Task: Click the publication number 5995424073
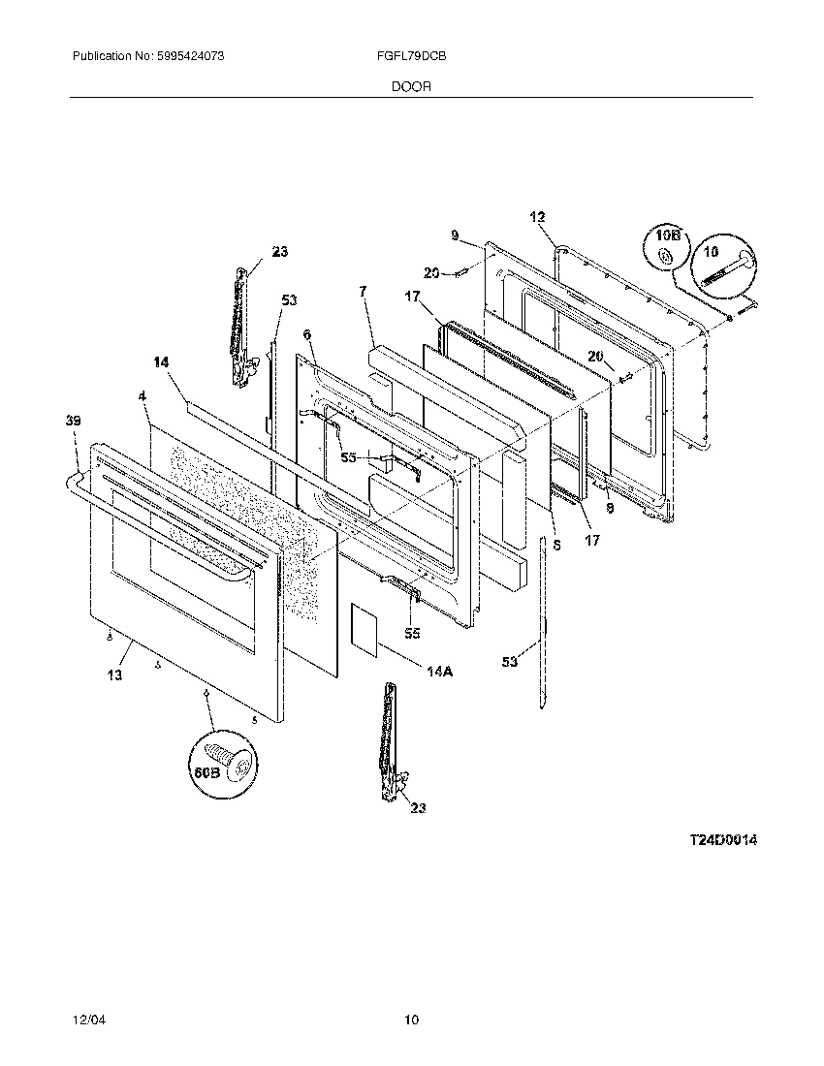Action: point(191,57)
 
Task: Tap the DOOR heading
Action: point(411,86)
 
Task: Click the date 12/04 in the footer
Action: point(86,1019)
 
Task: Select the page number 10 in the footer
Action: point(412,1019)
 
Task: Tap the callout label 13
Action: point(114,675)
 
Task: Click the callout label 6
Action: point(306,334)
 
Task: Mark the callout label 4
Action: point(143,396)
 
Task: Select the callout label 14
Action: point(161,361)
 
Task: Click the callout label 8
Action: point(555,545)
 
